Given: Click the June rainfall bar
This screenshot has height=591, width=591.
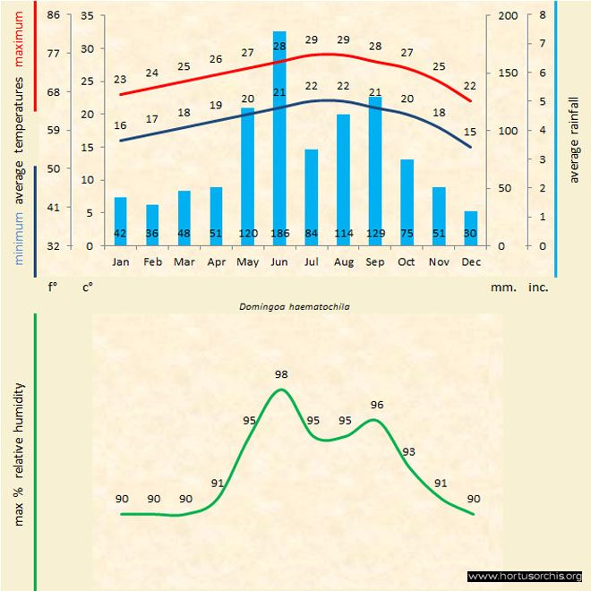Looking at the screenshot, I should [x=279, y=134].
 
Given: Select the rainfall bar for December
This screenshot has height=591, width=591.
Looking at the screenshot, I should [x=471, y=227].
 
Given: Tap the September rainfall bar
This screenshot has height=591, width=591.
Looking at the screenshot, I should [x=375, y=170].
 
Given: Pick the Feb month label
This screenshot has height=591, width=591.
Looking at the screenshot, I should [x=152, y=262].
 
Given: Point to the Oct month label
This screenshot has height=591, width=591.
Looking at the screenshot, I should [x=407, y=262].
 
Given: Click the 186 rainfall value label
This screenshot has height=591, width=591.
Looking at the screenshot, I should [x=279, y=235].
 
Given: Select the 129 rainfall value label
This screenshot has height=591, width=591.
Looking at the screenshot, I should [x=375, y=235].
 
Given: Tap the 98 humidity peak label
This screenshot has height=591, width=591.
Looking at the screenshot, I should [x=282, y=374].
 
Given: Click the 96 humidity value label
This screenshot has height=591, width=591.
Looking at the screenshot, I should [x=376, y=405].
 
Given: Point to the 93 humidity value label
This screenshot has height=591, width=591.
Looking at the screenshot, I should [x=409, y=451].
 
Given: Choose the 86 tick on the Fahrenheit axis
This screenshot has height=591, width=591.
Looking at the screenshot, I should [x=54, y=16].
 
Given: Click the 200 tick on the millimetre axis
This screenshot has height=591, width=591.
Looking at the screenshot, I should [x=507, y=16].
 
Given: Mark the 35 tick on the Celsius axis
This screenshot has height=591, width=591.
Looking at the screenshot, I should [x=87, y=16].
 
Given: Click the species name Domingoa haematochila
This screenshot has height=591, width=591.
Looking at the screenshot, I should [x=295, y=306].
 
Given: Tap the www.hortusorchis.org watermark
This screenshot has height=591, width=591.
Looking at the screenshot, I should [x=525, y=576].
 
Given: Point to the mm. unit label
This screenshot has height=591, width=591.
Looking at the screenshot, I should [x=501, y=288].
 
